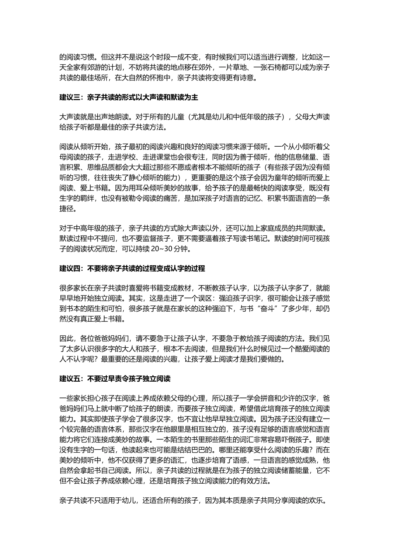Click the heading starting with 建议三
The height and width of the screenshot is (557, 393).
(x=129, y=98)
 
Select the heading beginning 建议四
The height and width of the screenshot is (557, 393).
(x=132, y=269)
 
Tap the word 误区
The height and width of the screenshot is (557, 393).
(x=204, y=298)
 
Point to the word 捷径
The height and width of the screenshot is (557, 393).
(x=67, y=209)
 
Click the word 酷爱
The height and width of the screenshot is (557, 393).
(x=291, y=349)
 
